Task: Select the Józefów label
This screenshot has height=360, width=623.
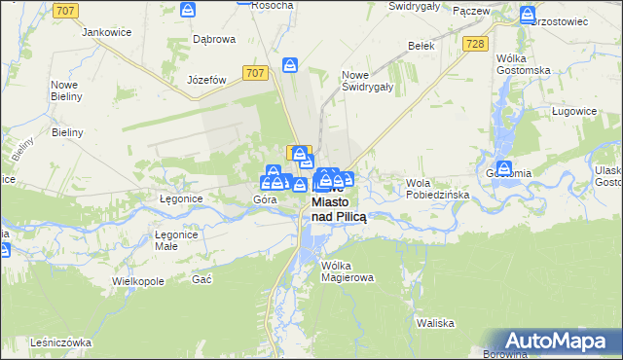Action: (205, 80)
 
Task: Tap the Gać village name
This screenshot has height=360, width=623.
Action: (202, 279)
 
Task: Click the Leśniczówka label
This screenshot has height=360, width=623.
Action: (59, 342)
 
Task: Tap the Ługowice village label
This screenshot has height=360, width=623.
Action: (572, 112)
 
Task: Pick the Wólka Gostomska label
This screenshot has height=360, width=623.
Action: (523, 63)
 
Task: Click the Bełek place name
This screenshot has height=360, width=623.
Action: (421, 46)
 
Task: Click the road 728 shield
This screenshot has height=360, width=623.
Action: (475, 44)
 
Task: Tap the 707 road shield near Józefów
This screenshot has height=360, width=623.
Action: (256, 73)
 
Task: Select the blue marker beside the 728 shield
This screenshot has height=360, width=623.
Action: (527, 16)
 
